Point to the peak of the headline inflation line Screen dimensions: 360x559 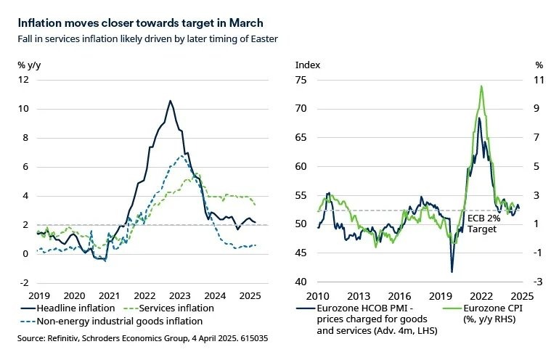[170, 101]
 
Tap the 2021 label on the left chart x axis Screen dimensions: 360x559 [108, 296]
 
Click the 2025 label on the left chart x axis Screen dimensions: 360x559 [250, 296]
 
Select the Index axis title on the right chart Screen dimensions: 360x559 [306, 65]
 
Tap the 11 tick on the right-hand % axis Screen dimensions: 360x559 [539, 80]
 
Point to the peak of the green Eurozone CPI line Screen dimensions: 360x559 [481, 86]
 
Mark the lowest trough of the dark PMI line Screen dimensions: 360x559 [452, 272]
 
